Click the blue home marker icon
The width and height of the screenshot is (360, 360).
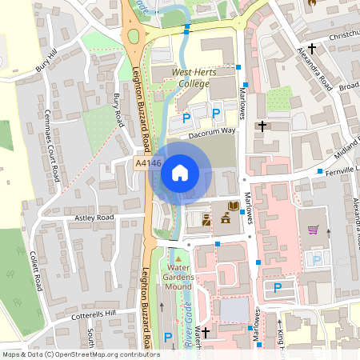180,173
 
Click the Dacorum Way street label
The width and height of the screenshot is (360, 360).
212,134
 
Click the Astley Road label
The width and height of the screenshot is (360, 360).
94,218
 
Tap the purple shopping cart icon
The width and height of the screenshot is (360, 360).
314,230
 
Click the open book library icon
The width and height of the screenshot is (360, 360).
233,207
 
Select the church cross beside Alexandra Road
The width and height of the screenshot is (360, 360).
312,50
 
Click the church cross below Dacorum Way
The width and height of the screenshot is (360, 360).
262,126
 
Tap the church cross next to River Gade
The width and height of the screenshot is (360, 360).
206,331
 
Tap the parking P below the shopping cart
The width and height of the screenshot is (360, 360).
318,259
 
